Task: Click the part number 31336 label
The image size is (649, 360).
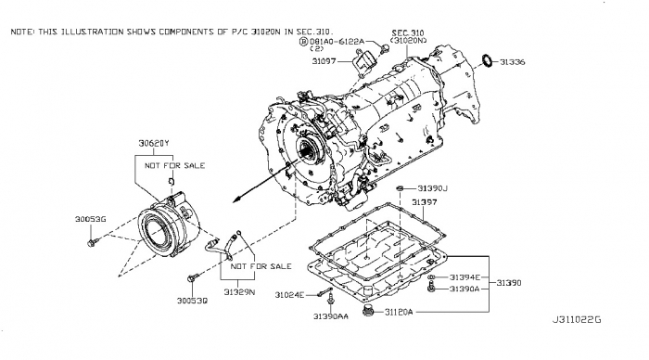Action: (512, 62)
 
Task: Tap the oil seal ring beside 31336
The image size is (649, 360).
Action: (489, 60)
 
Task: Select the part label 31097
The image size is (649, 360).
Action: (324, 61)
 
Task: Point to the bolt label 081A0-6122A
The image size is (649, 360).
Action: (337, 42)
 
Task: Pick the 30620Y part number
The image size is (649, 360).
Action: (154, 143)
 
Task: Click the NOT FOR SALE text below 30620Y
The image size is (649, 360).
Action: (174, 166)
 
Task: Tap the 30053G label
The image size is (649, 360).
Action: (90, 219)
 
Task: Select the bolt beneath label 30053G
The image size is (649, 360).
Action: (93, 242)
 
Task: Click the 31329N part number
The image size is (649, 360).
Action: (239, 292)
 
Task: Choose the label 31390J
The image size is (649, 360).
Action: (433, 188)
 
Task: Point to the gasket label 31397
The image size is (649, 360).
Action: (424, 202)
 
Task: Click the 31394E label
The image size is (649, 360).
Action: (464, 277)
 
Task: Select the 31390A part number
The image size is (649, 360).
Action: (464, 289)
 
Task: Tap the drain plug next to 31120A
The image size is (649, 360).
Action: (367, 310)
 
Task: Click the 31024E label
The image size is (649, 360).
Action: (289, 295)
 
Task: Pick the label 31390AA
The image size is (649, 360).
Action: (330, 316)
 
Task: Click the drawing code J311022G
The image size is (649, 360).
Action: (577, 320)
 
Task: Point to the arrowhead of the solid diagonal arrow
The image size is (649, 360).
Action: (235, 200)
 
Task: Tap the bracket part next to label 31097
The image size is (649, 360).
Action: (363, 63)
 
